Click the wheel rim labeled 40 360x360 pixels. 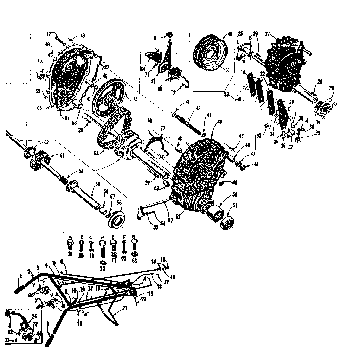pos(210,53)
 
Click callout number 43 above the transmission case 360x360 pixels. pos(219,122)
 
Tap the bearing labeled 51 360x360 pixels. pos(227,223)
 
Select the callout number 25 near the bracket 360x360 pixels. pos(240,33)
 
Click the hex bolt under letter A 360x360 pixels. pos(70,244)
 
